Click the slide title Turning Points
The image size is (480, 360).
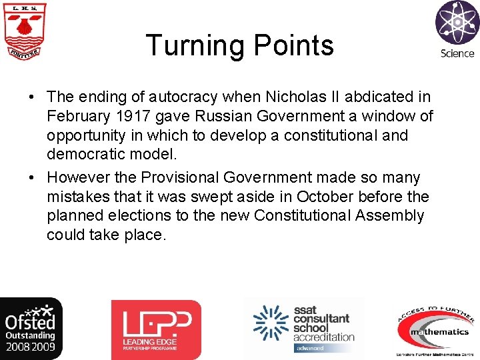pos(239,45)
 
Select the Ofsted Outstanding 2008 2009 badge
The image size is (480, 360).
pos(31,329)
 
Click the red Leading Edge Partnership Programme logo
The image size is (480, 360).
pos(155,330)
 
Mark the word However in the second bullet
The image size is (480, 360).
pos(75,178)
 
